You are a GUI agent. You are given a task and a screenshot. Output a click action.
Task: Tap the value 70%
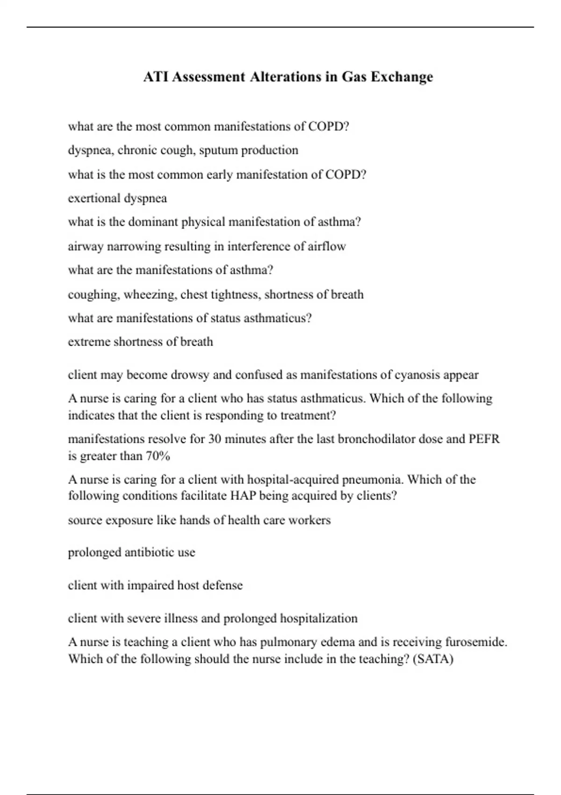pyautogui.click(x=158, y=456)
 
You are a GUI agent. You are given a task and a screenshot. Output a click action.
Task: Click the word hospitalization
pyautogui.click(x=318, y=618)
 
